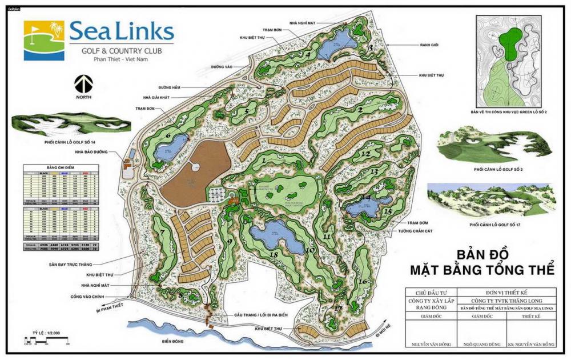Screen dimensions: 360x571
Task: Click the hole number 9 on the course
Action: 230,242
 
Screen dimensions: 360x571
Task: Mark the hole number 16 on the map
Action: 362,281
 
